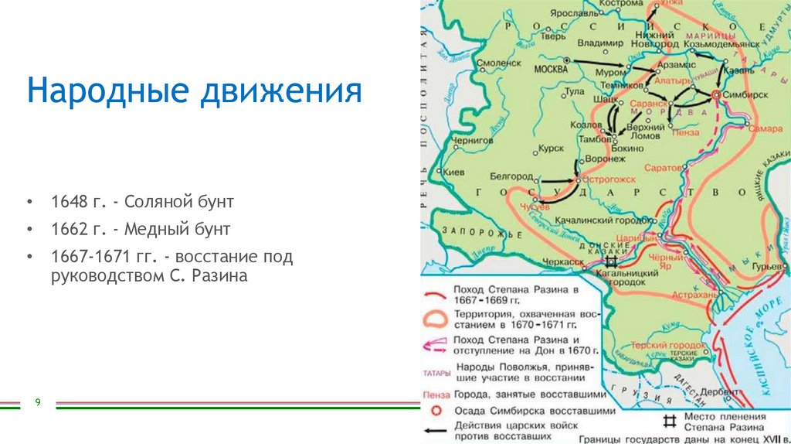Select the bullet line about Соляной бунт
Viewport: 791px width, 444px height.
(x=142, y=203)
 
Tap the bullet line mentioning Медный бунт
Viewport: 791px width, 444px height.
(x=141, y=230)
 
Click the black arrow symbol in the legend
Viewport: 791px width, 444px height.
(x=436, y=431)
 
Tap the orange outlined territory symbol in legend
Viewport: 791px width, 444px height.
(x=436, y=319)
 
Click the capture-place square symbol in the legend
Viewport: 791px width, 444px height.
(x=670, y=422)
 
